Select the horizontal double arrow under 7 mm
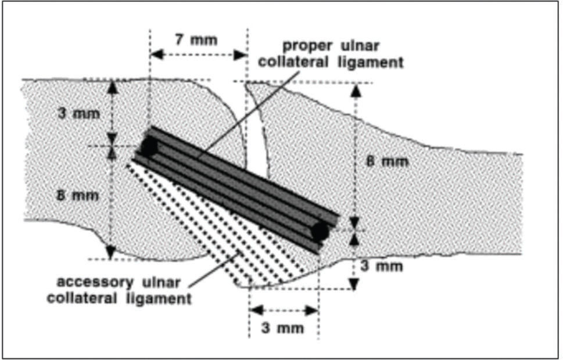coord(198,55)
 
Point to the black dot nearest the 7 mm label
coord(149,146)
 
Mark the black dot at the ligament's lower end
coord(319,232)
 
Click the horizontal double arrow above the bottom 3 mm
coord(283,310)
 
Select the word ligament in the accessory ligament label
coord(166,300)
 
